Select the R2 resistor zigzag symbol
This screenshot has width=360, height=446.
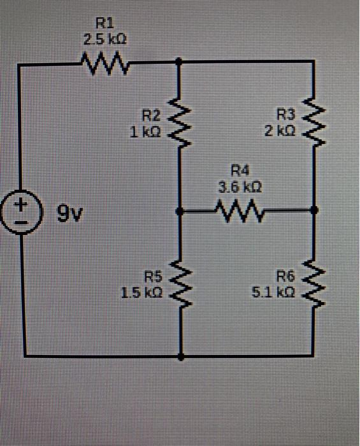point(179,121)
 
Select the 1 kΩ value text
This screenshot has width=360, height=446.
point(151,131)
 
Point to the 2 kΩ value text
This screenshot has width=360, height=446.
point(280,130)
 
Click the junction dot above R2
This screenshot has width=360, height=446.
point(179,62)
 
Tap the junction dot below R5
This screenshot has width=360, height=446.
point(180,357)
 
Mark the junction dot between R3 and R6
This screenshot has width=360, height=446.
point(313,210)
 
